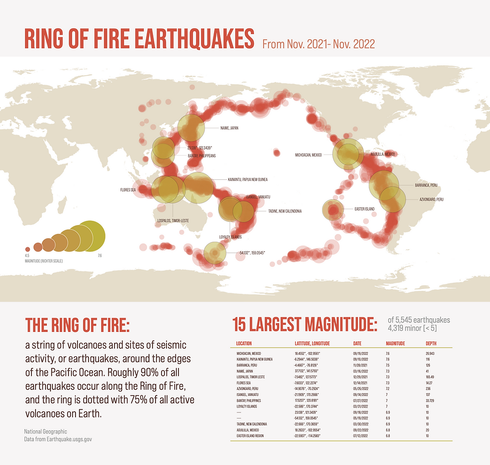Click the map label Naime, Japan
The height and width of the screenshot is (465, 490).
[229, 128]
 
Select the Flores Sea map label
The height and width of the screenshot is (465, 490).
[128, 190]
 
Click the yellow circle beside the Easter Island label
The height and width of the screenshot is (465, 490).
[333, 210]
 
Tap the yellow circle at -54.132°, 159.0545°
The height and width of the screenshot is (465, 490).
[215, 253]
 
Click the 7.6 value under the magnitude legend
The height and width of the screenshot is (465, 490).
[99, 256]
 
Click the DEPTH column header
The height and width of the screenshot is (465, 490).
[431, 343]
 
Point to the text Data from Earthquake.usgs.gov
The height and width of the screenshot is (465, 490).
[58, 439]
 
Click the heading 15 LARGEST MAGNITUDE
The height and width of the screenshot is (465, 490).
[305, 324]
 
